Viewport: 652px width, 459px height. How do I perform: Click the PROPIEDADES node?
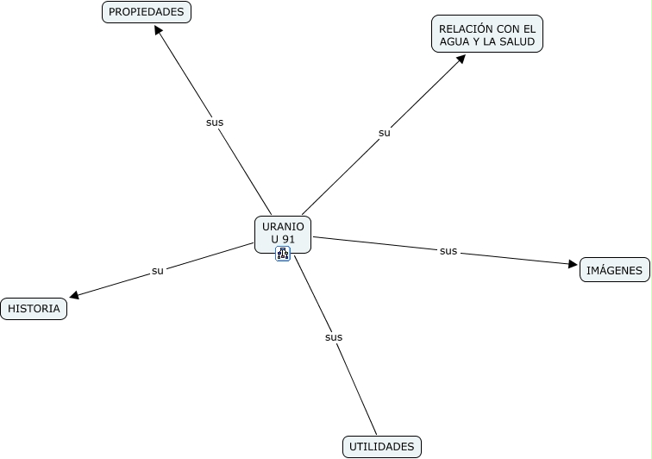point(147,12)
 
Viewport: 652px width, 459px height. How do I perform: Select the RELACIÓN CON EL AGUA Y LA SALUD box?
point(487,35)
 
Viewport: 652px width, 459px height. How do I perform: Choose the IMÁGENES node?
point(614,270)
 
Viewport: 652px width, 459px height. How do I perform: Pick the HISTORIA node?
point(34,308)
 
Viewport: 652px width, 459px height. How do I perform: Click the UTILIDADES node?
point(382,447)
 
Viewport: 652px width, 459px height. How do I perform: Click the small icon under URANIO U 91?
point(283,253)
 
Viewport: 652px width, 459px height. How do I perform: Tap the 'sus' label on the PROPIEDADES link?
point(215,123)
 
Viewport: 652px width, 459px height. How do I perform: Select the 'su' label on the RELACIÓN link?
point(385,133)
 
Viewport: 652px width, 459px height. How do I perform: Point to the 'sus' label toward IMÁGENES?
point(448,251)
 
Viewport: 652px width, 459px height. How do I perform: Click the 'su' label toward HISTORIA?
point(158,271)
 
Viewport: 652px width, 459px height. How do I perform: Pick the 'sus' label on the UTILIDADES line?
point(334,337)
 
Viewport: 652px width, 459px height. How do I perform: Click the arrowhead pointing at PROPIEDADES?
point(159,29)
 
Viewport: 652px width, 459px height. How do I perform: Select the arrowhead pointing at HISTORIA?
point(75,296)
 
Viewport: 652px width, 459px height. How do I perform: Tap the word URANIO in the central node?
point(283,226)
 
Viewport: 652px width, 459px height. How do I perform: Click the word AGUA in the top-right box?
point(455,41)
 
